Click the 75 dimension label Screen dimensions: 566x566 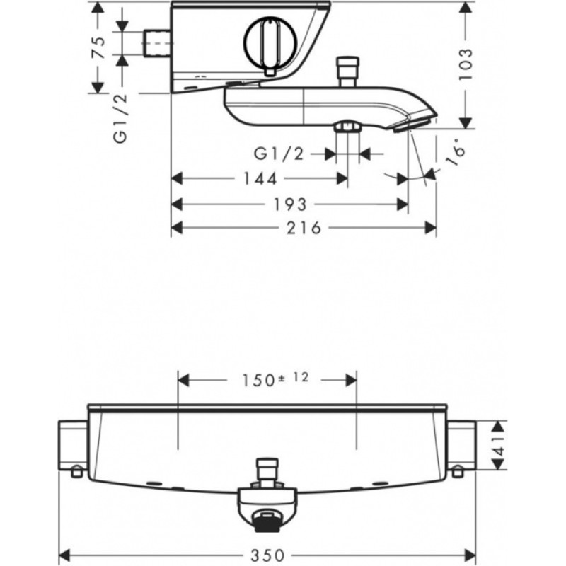[98, 47]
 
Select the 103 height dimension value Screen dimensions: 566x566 [466, 64]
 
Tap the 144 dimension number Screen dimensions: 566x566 [260, 179]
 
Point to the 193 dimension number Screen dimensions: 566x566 [290, 204]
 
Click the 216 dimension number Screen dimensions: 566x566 [304, 228]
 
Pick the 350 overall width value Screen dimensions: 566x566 [268, 555]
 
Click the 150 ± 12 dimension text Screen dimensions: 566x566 [275, 379]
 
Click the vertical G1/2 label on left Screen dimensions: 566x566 [120, 119]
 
